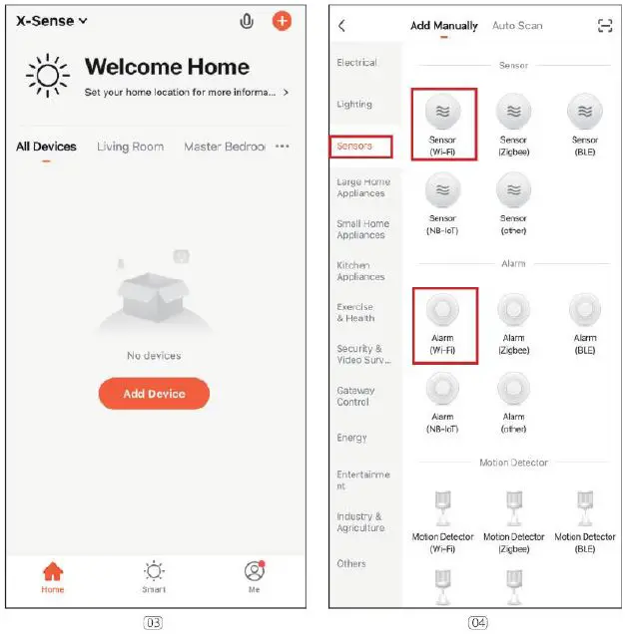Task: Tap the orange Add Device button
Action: coord(154,394)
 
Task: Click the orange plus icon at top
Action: coord(282,21)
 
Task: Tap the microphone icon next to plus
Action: coord(248,21)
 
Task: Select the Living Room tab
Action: coord(130,147)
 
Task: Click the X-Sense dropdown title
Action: coord(52,21)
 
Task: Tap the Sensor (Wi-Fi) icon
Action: coord(442,111)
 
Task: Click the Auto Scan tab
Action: coord(517,26)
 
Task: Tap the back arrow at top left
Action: coord(342,26)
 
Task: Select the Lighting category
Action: coord(354,104)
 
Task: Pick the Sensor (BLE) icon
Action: coord(585,111)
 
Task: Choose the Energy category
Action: coord(351,438)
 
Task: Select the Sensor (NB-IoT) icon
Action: coord(442,190)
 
